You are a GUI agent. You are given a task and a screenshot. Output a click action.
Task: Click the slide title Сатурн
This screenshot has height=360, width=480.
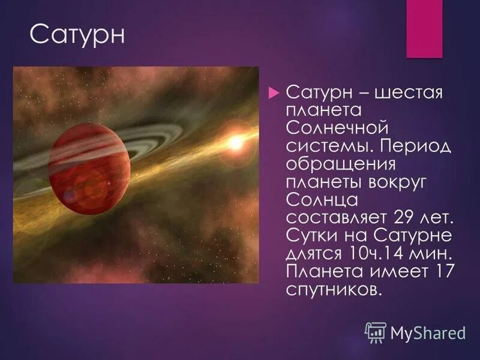(77, 34)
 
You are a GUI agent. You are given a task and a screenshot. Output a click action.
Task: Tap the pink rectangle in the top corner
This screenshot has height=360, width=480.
(424, 28)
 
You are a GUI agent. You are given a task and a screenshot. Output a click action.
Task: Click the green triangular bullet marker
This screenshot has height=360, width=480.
(274, 93)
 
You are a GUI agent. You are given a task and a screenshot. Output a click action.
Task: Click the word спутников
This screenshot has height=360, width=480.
(334, 287)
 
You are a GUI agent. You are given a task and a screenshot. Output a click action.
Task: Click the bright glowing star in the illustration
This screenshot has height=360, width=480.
(235, 142)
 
